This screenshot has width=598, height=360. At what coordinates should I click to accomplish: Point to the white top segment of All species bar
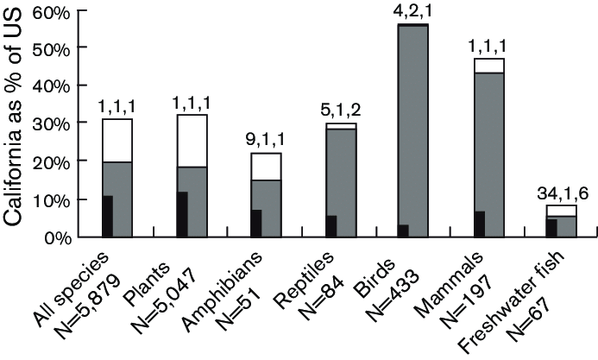(117, 140)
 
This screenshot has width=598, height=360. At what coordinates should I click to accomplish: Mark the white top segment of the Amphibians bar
(266, 166)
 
